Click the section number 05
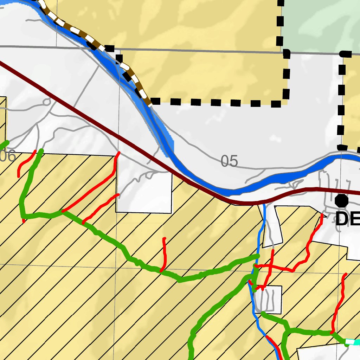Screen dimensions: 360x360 [x=230, y=161]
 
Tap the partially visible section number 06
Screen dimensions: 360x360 [x=8, y=156]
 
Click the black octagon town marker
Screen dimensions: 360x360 [x=341, y=201]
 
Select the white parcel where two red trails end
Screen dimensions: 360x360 [x=144, y=190]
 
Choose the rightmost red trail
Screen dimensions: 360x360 [x=339, y=302]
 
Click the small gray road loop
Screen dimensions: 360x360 [x=46, y=102]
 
